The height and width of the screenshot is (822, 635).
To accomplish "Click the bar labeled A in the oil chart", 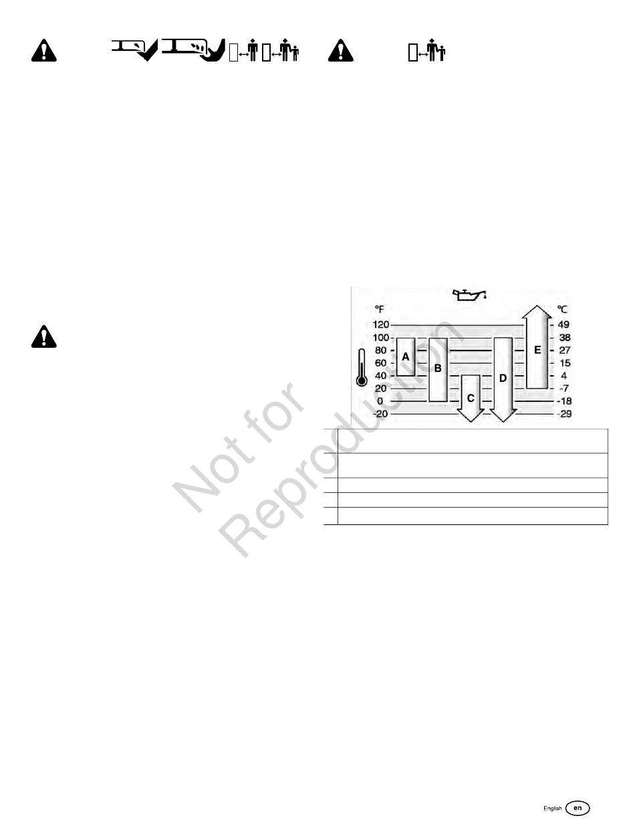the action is [406, 357].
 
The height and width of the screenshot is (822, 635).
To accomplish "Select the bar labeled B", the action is [438, 369].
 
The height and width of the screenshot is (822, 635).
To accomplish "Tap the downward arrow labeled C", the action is [471, 399].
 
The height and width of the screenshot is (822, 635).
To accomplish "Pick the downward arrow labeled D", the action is [503, 379].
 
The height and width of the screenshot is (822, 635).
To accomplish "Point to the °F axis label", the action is [379, 310].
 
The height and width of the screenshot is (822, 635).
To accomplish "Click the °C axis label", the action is [563, 310].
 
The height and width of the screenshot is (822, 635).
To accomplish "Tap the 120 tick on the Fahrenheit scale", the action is [381, 324].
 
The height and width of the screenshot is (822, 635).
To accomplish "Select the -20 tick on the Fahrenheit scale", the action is [380, 414].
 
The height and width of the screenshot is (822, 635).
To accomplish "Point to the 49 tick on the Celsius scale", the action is [564, 324].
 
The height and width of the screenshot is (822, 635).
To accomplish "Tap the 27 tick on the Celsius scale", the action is [564, 350].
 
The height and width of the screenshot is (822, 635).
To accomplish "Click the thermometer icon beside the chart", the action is [362, 368].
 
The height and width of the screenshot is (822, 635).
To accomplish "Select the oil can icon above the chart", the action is [469, 294].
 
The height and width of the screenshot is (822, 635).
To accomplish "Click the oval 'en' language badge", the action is [578, 808].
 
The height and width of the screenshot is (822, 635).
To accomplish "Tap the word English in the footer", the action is [552, 809].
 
